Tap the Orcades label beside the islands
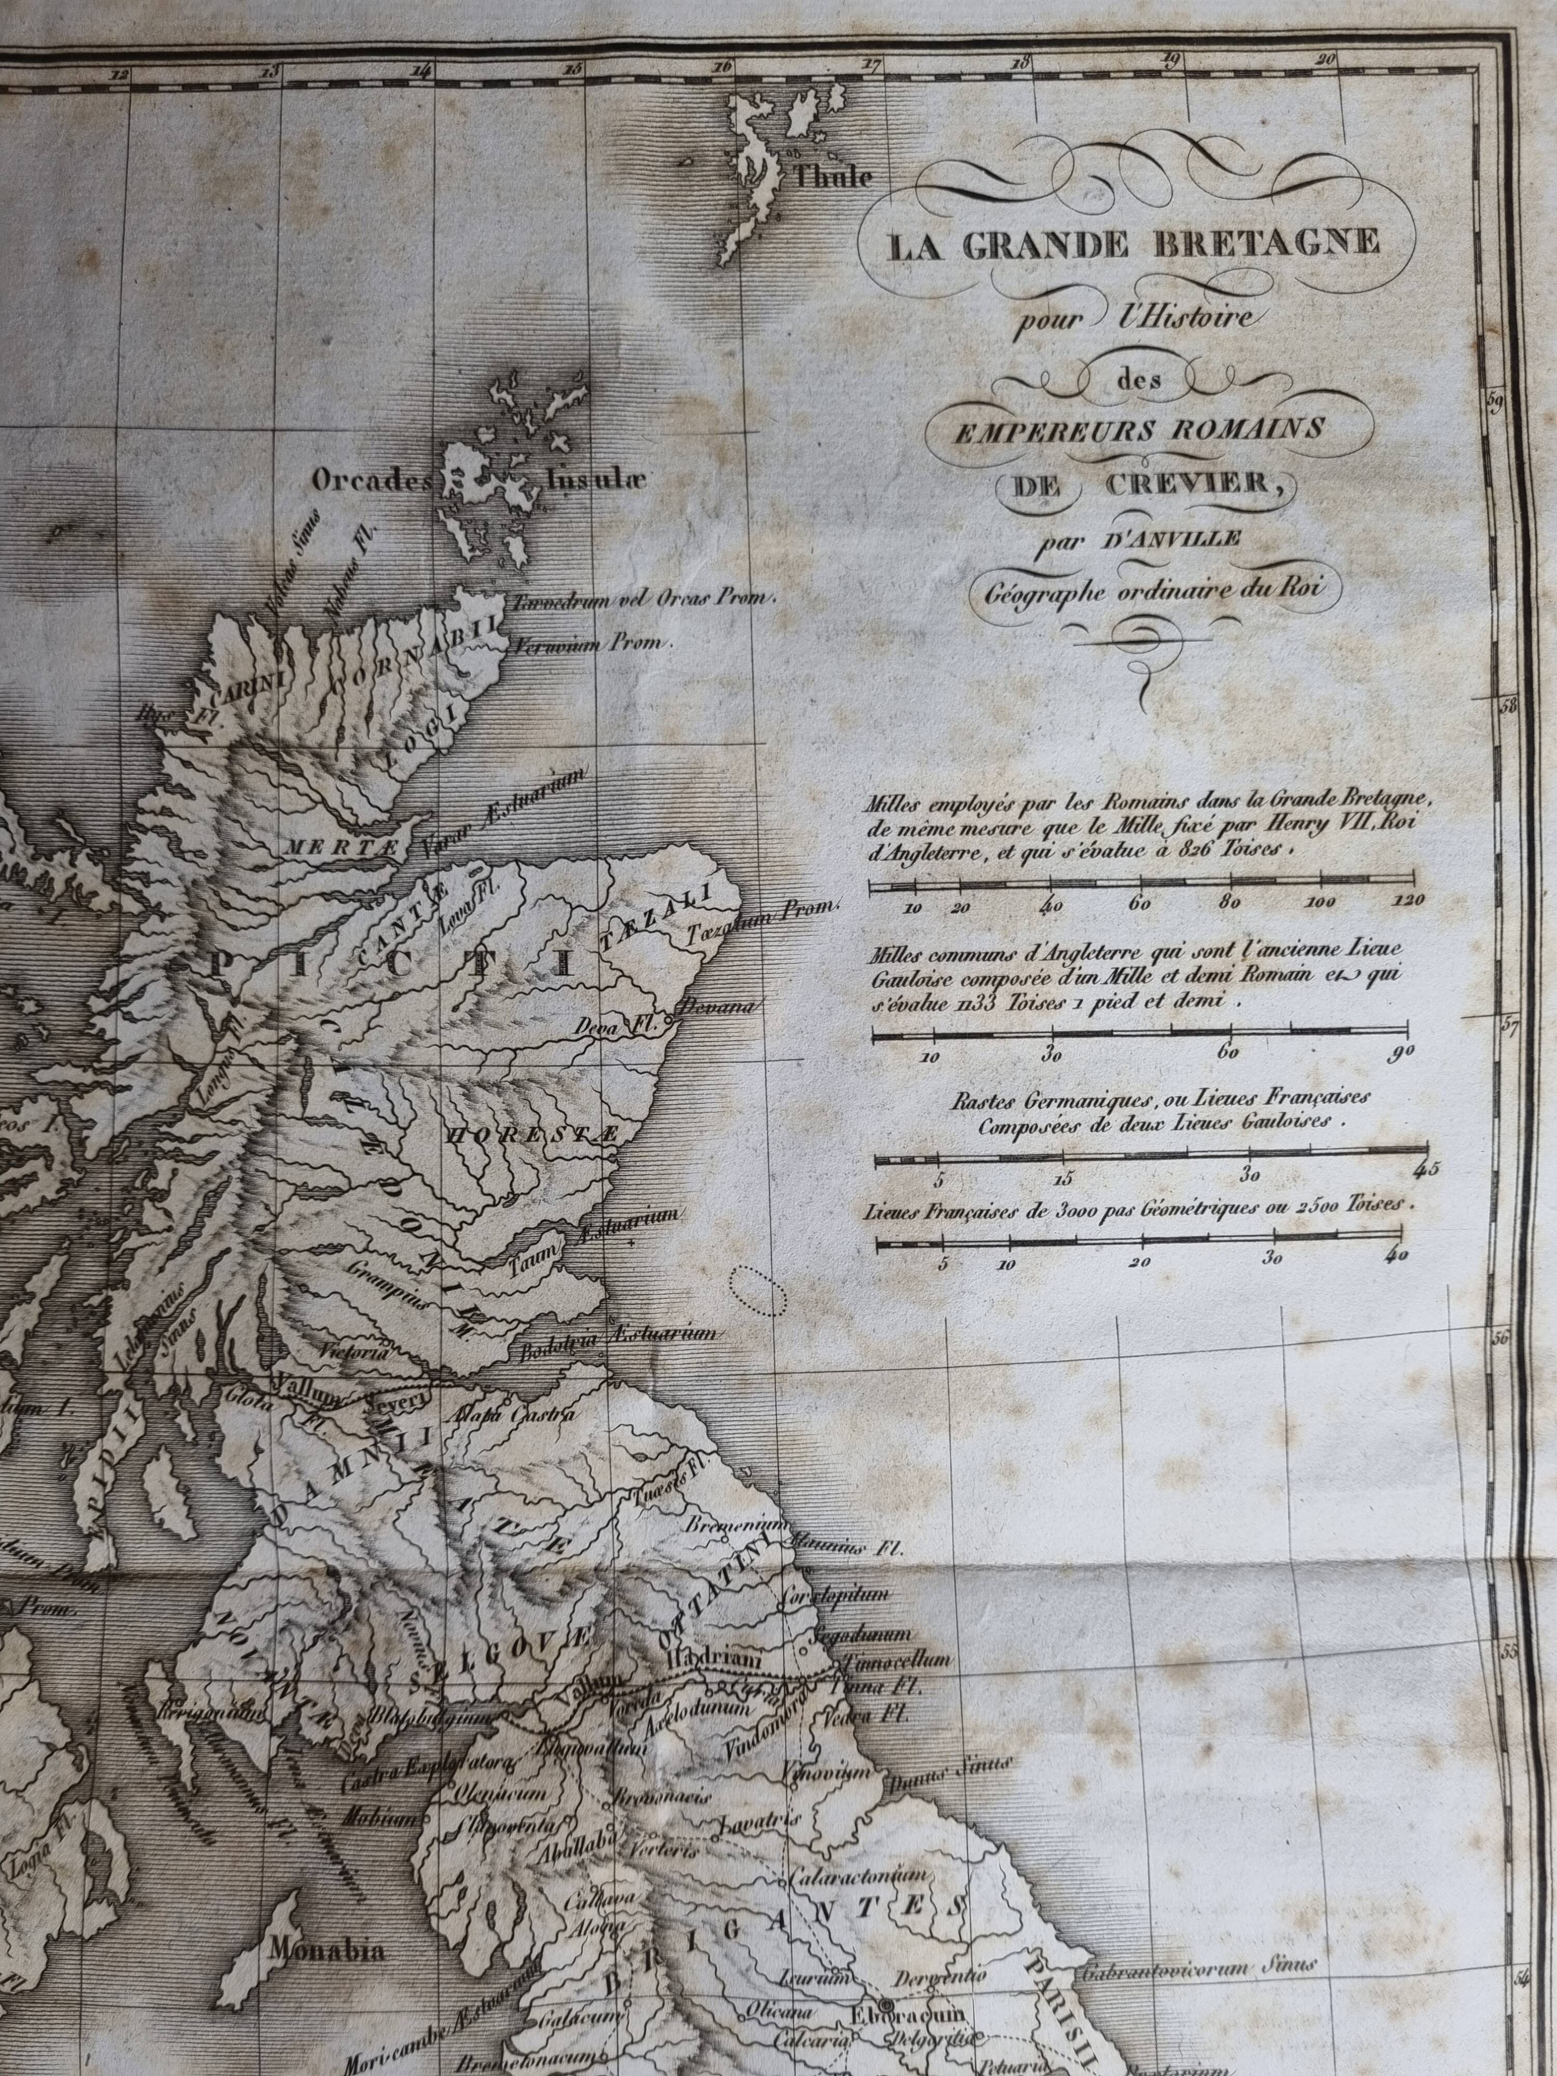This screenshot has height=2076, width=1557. [x=371, y=481]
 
